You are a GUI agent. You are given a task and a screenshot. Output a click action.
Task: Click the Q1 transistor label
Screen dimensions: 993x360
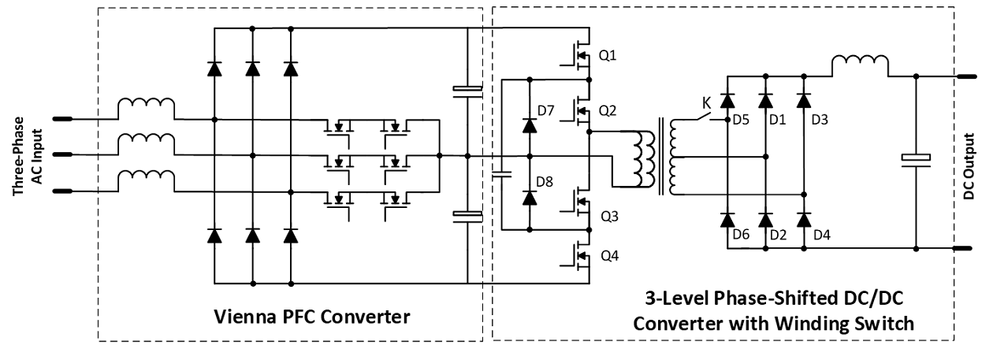pyautogui.click(x=608, y=56)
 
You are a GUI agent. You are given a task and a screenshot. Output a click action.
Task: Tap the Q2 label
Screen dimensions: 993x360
pyautogui.click(x=608, y=111)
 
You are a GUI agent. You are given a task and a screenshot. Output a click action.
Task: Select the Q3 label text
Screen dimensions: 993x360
pyautogui.click(x=609, y=217)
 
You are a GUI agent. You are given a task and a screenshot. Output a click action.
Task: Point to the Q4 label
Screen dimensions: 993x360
pyautogui.click(x=609, y=256)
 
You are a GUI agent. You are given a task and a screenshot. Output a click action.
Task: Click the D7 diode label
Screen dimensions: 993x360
pyautogui.click(x=545, y=110)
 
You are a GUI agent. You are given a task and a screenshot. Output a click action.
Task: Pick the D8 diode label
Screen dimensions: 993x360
pyautogui.click(x=545, y=182)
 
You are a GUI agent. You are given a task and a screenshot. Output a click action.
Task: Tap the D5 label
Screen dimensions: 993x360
pyautogui.click(x=741, y=120)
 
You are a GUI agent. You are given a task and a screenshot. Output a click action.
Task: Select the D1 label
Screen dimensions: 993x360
pyautogui.click(x=778, y=120)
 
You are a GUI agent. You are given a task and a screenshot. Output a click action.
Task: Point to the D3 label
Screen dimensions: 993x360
pyautogui.click(x=820, y=120)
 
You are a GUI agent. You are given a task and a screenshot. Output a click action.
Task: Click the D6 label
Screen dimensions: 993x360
pyautogui.click(x=741, y=235)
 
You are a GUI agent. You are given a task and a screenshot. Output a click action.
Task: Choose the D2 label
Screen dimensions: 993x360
pyautogui.click(x=778, y=235)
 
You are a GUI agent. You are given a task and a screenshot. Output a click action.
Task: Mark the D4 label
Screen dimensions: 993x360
pyautogui.click(x=822, y=235)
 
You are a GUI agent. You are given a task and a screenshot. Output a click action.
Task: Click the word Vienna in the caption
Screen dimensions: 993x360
pyautogui.click(x=243, y=317)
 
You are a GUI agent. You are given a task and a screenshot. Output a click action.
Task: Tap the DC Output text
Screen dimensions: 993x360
pyautogui.click(x=969, y=166)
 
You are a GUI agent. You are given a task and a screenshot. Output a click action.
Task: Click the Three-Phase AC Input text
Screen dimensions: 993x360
pyautogui.click(x=28, y=156)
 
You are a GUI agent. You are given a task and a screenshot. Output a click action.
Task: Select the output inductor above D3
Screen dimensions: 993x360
pyautogui.click(x=860, y=65)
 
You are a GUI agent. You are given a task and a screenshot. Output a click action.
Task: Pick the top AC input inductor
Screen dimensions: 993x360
pyautogui.click(x=146, y=109)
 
